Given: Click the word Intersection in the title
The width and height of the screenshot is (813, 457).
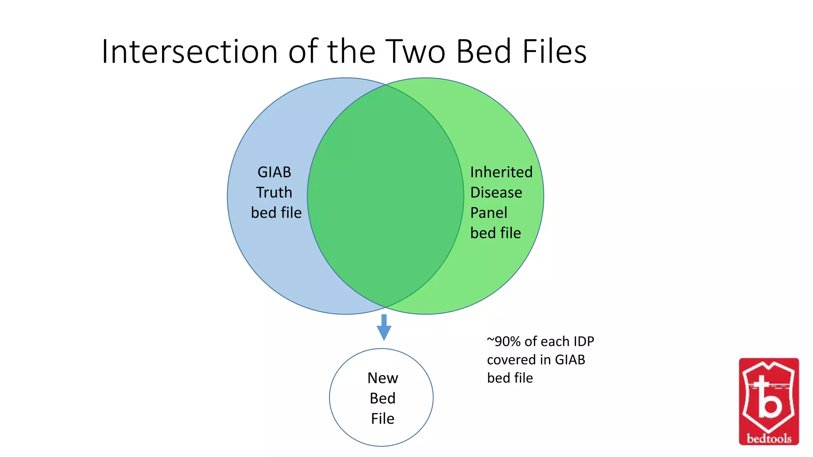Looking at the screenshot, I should pyautogui.click(x=189, y=52).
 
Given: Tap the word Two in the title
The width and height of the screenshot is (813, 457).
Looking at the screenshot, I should pyautogui.click(x=415, y=52).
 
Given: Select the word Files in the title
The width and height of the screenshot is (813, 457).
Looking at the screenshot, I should pyautogui.click(x=554, y=52).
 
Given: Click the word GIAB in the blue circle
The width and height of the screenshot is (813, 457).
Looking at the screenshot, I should pyautogui.click(x=274, y=172).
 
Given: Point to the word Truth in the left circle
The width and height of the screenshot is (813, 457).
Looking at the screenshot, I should pyautogui.click(x=274, y=192).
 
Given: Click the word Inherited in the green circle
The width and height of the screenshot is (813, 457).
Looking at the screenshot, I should pyautogui.click(x=501, y=172).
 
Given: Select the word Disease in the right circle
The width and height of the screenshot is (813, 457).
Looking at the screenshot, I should pyautogui.click(x=496, y=192).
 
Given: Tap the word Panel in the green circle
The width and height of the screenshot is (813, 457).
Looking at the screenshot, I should pyautogui.click(x=489, y=213).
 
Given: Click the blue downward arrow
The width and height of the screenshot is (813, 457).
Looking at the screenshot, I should pyautogui.click(x=384, y=327).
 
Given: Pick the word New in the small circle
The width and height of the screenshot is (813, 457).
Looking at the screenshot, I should pyautogui.click(x=383, y=378).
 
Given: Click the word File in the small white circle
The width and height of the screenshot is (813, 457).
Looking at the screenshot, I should pyautogui.click(x=383, y=419).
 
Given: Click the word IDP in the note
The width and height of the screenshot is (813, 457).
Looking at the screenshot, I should pyautogui.click(x=583, y=341).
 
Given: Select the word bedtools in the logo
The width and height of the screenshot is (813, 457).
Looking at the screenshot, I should pyautogui.click(x=769, y=438).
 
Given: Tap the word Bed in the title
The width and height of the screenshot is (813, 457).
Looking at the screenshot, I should pyautogui.click(x=483, y=52).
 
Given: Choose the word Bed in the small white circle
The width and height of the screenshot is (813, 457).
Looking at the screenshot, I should pyautogui.click(x=383, y=398).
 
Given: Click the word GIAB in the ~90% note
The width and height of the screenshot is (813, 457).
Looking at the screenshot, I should pyautogui.click(x=570, y=360).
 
